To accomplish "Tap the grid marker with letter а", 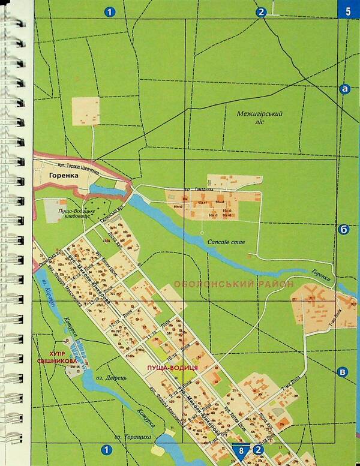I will (x=344, y=89).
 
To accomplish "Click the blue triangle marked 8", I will (x=241, y=449).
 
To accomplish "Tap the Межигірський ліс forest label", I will (x=259, y=117).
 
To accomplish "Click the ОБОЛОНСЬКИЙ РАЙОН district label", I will (x=233, y=284).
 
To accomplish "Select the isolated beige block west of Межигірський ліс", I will (x=86, y=112).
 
